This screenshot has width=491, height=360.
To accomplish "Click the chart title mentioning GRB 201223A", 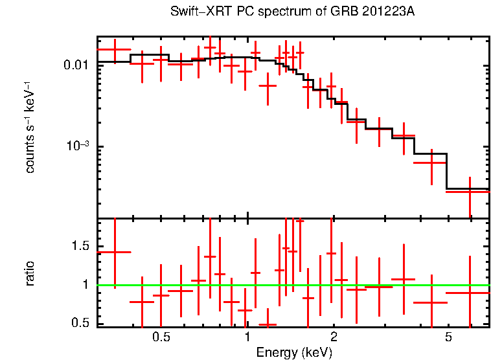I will pos(292,12).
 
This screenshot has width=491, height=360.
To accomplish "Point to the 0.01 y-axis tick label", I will pos(76,65).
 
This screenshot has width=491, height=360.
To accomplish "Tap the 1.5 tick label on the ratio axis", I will pos(80,246).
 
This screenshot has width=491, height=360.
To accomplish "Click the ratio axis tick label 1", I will pos(87,284).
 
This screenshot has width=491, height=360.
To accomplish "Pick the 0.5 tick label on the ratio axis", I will pos(80,322).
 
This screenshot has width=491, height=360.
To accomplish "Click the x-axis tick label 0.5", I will pos(161,337).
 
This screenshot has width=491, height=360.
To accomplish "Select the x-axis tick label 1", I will pos(247,337).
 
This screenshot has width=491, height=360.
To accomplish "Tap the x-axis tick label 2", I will pos(334,337).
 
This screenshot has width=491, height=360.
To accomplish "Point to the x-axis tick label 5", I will pos(448,337).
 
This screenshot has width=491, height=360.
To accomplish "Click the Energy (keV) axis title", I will pos(294,352).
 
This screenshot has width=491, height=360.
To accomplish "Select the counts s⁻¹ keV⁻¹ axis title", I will pos(30,126).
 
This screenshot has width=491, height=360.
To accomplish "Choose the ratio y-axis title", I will pos(30,273).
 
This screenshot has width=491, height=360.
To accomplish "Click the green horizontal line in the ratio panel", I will pos(389,285).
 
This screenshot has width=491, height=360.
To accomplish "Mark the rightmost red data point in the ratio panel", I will pos(470,293).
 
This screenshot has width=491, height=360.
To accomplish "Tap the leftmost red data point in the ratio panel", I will pos(115,252).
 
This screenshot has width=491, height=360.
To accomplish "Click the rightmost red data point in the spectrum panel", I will pos(470,192).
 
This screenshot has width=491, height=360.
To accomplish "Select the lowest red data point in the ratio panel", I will pos(268,324).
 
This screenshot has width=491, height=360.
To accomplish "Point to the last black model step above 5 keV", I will pos(468,189).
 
